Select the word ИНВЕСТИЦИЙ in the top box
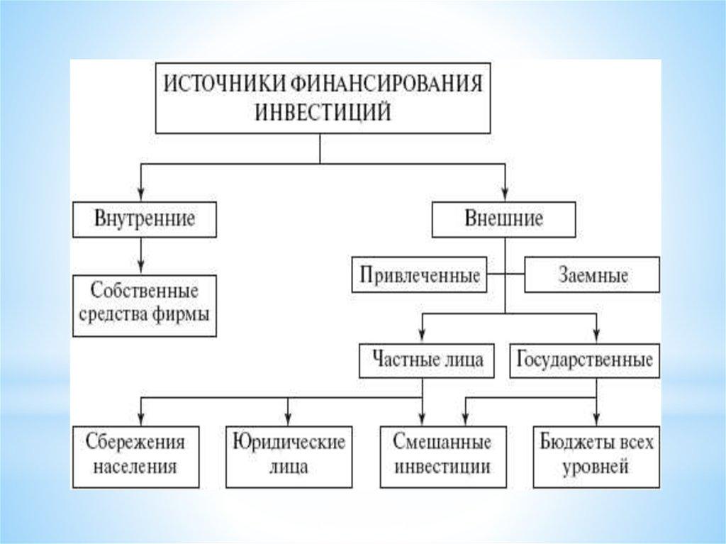tap(322, 113)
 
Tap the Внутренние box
tap(145, 218)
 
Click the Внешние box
tap(503, 218)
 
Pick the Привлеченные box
tap(420, 275)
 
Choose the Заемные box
tap(591, 275)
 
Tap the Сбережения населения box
tap(135, 455)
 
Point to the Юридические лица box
tap(289, 455)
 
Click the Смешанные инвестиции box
tap(443, 455)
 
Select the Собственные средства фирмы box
tap(145, 303)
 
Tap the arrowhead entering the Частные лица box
tap(423, 338)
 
